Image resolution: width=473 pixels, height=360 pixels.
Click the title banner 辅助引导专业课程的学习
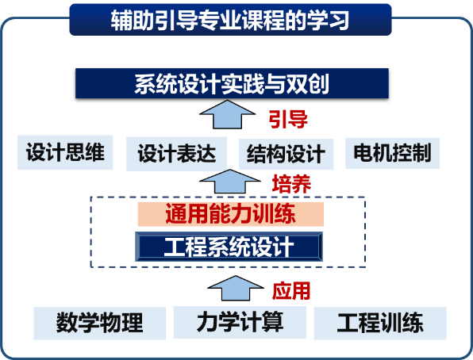point(230,20)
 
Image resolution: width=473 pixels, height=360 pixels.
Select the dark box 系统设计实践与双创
point(232,83)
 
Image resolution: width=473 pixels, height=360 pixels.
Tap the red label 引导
point(288,119)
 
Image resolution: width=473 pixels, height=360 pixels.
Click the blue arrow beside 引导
point(228,115)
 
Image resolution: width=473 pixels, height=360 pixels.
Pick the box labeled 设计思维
point(65,152)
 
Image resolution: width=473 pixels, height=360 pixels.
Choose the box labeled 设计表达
point(176,154)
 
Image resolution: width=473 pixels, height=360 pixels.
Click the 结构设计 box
point(286,154)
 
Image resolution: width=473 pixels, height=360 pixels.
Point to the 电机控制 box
point(392,153)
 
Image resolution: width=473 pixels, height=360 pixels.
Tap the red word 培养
point(291,184)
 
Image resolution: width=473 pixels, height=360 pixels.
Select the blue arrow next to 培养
point(230,182)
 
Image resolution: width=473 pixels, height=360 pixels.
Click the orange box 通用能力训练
point(231,214)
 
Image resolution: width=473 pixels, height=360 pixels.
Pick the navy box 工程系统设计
point(229,247)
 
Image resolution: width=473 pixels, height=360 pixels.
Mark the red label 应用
point(291,291)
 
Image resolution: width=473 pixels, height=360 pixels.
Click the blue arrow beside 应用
point(236,289)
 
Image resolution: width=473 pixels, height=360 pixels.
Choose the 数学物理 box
point(99,323)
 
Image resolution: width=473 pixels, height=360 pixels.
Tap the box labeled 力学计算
point(240,322)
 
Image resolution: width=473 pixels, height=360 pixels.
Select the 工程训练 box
point(380,324)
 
